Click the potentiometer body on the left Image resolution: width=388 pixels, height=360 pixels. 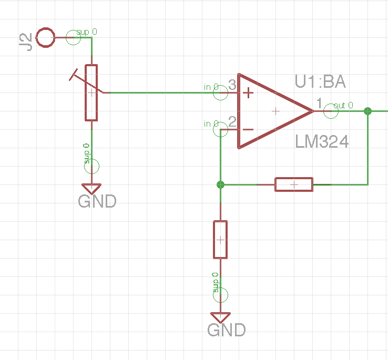(x=91, y=92)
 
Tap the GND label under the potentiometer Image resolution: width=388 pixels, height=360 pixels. (x=97, y=201)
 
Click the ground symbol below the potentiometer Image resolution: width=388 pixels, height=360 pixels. (x=91, y=188)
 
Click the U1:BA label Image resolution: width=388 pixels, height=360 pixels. (x=320, y=82)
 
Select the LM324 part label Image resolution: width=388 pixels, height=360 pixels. (x=322, y=142)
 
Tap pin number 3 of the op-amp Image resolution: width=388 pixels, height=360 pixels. (x=232, y=86)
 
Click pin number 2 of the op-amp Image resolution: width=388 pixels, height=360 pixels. (x=232, y=122)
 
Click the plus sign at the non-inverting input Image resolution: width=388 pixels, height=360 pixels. (x=248, y=94)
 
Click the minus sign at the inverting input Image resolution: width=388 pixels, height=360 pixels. (x=248, y=129)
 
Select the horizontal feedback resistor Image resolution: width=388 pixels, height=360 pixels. (x=294, y=184)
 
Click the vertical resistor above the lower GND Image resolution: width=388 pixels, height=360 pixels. (x=220, y=240)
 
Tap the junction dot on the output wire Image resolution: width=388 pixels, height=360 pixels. (x=367, y=111)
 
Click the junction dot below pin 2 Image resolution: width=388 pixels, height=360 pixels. (x=220, y=184)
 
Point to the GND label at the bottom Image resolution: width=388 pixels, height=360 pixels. (x=227, y=330)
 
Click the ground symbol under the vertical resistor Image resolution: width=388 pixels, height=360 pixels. (x=220, y=317)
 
